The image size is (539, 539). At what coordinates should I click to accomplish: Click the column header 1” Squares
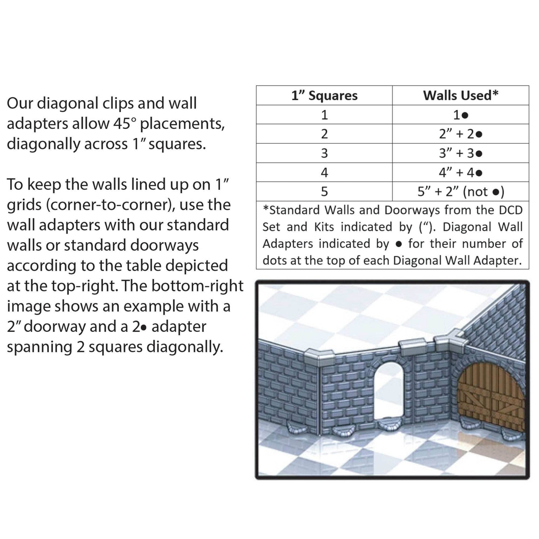[x=324, y=96]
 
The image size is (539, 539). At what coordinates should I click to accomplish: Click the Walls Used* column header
[x=460, y=95]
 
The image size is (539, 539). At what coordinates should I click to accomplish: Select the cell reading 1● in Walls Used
[x=460, y=115]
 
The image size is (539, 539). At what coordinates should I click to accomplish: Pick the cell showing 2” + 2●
[x=460, y=134]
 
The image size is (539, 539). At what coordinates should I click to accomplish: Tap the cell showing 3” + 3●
[x=460, y=153]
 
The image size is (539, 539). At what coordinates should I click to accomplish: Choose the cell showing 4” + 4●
[x=460, y=173]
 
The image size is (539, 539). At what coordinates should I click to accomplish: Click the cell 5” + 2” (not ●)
[x=460, y=192]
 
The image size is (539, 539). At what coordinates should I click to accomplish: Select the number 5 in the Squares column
[x=324, y=192]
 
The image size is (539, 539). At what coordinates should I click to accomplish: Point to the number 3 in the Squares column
[x=324, y=153]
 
